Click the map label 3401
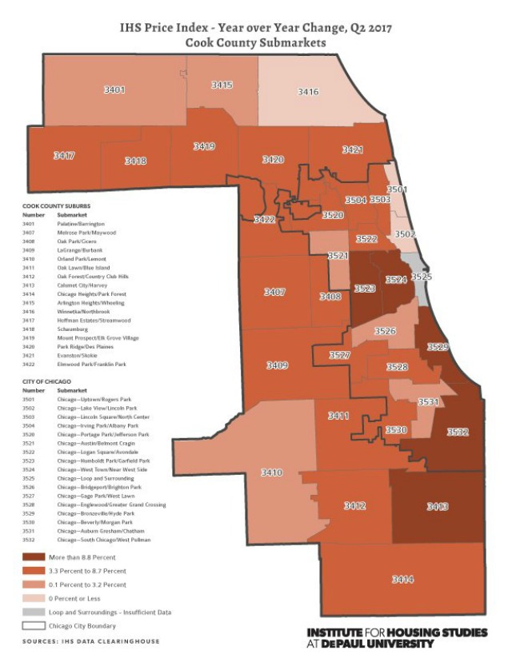(x=114, y=90)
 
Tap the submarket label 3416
(x=308, y=92)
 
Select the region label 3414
(x=402, y=579)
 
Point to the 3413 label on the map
(x=437, y=506)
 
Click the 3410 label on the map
(x=272, y=473)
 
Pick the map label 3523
(x=365, y=288)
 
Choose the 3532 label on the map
(x=458, y=432)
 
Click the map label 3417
(x=64, y=155)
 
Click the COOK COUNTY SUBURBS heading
(x=56, y=205)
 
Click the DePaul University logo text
(x=397, y=637)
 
